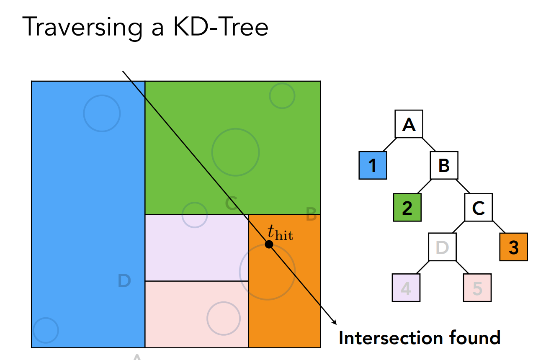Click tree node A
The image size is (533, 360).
409,124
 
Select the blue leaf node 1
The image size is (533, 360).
373,165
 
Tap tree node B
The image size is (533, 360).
444,165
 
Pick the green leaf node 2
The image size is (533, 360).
407,207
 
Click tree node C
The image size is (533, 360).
478,207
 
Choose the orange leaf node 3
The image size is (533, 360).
513,247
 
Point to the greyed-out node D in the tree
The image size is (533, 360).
442,247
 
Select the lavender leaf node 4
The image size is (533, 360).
406,288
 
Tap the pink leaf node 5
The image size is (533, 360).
477,288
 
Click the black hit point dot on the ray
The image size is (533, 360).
269,244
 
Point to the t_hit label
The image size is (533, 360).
280,233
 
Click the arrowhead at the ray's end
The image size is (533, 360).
335,322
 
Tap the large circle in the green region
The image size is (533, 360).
235,152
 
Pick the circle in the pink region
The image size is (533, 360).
224,318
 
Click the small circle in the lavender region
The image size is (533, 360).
195,215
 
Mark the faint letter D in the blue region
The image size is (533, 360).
124,281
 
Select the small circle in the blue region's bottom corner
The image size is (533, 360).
45,330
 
